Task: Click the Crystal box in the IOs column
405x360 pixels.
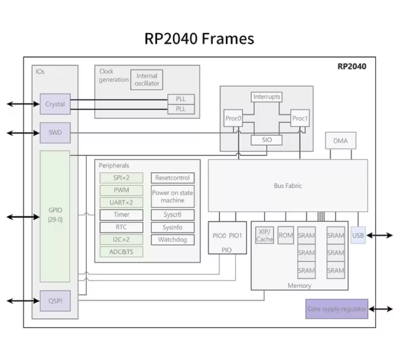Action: tap(55, 104)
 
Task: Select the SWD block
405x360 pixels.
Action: tap(55, 132)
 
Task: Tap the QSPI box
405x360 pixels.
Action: tap(55, 301)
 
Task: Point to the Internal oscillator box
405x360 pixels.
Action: tap(146, 80)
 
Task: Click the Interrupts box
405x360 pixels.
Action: tap(266, 97)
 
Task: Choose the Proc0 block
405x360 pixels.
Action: tap(233, 118)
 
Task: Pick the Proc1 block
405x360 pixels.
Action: tap(300, 118)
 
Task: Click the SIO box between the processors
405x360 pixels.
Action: tap(266, 140)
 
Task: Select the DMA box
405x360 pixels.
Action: tap(340, 141)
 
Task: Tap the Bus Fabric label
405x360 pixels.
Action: tap(287, 185)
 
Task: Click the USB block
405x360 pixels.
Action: tap(358, 235)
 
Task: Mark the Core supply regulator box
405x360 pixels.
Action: tap(337, 309)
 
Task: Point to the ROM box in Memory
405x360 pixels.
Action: tap(286, 235)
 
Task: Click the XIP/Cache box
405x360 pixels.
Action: tap(265, 235)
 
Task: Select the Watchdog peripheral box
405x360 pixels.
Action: tap(172, 239)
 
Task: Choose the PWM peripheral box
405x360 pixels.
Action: tap(121, 190)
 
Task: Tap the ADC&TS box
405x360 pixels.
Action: tap(121, 252)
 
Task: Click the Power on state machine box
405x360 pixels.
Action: tap(172, 196)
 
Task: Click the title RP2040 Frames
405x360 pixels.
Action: tap(199, 38)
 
